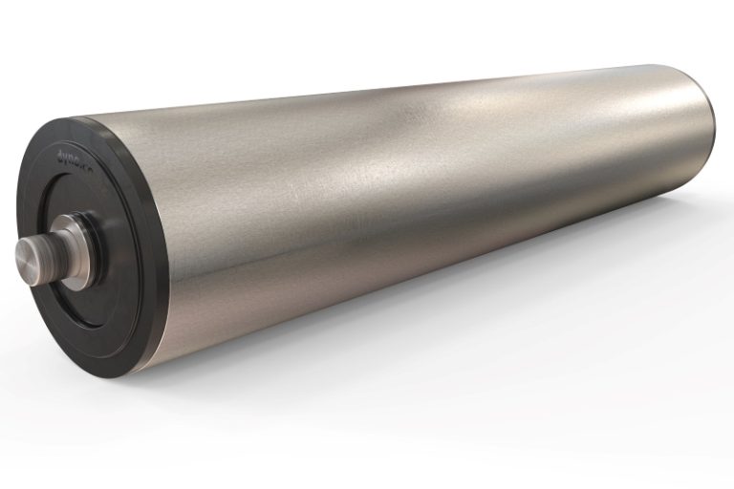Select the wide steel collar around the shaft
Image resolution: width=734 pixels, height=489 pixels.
point(70,245)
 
